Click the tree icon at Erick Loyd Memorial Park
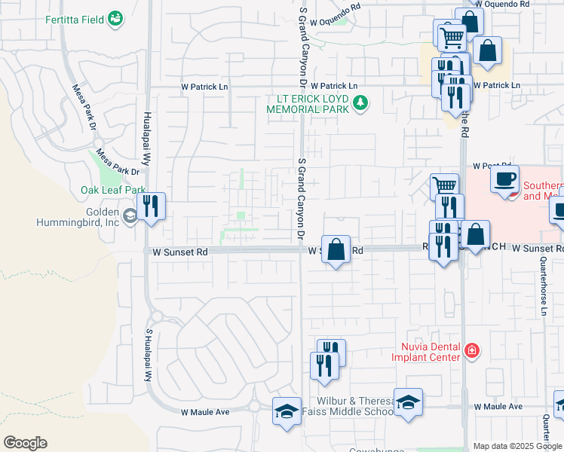pos(361,102)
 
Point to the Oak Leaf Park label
pos(113,191)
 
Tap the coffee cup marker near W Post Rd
pos(504,179)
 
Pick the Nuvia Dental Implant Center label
pos(425,351)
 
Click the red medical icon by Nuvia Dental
pos(472,350)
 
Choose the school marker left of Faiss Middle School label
pos(287,411)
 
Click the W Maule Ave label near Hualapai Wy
pos(205,412)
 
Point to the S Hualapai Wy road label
pos(149,359)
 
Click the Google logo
pos(25,443)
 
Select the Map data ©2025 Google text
pos(517,446)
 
